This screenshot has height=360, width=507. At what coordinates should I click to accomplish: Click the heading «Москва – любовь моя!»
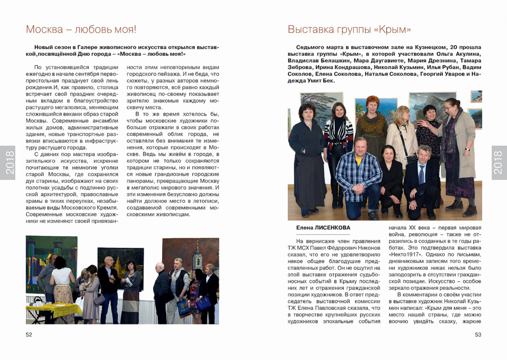click(x=81, y=29)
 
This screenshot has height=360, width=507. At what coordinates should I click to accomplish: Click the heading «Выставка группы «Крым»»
click(x=349, y=29)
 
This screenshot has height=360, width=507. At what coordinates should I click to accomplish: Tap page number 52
click(x=29, y=334)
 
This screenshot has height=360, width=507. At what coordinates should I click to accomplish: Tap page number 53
click(x=478, y=334)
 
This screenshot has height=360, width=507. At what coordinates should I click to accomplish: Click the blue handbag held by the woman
click(x=203, y=303)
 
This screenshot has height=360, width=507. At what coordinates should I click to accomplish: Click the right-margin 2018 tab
click(x=498, y=163)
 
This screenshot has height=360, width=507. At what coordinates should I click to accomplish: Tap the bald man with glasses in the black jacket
click(x=108, y=274)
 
